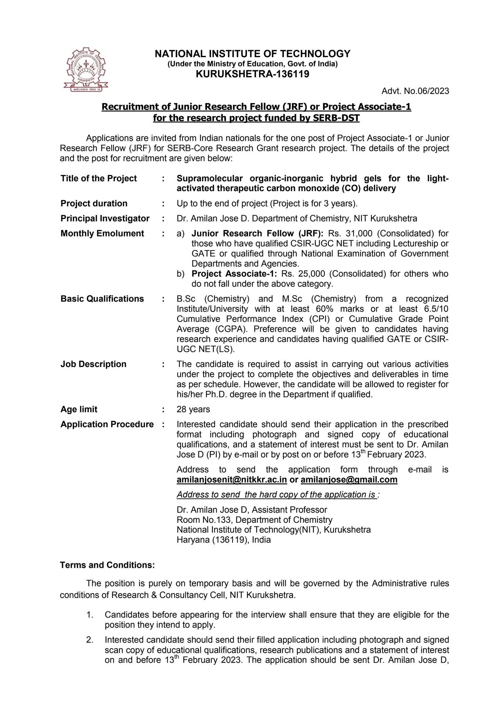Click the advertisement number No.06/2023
click(415, 91)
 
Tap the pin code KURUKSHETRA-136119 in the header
click(252, 74)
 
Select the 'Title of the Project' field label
click(99, 178)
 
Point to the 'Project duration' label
click(94, 203)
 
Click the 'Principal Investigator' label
click(105, 218)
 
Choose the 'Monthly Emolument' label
click(102, 233)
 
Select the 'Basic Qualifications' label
click(102, 299)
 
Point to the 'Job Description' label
click(93, 364)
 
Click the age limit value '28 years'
click(193, 409)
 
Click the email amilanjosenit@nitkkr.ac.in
click(232, 480)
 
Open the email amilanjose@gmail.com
click(349, 480)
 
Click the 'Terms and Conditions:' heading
click(107, 565)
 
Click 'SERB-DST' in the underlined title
click(331, 118)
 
